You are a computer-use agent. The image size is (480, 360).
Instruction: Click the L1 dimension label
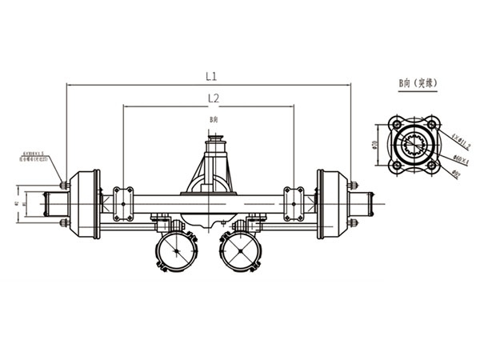(211, 77)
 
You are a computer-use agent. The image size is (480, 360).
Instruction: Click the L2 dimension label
(214, 98)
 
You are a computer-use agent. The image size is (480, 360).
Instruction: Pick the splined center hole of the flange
(414, 144)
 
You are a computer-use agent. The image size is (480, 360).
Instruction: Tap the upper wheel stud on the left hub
(64, 186)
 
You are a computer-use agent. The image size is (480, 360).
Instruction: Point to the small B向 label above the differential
(213, 118)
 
